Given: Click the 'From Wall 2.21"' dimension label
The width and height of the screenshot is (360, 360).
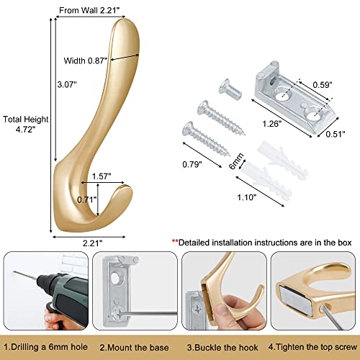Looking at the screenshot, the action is (89, 11).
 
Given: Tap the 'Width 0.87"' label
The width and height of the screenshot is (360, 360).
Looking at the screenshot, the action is (85, 60).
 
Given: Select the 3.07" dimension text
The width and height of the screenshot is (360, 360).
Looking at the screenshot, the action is (67, 84).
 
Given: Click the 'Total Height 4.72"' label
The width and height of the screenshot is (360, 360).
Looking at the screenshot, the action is (26, 125).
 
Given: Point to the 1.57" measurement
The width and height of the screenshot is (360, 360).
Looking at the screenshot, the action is (102, 176).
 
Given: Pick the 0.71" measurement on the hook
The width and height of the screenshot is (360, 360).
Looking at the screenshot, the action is (86, 199).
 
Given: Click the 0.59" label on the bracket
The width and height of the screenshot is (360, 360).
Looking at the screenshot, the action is (323, 85).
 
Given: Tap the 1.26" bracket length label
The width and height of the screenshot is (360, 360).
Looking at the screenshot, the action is (271, 124).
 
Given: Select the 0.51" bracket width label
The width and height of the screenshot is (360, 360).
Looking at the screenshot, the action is (336, 134).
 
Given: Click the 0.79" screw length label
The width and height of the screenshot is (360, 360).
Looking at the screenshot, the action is (192, 164).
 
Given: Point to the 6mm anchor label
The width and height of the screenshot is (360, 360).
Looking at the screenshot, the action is (236, 161).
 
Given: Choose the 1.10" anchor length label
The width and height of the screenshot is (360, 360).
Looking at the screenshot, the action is (247, 197).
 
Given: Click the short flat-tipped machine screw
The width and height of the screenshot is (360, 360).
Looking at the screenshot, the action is (230, 89).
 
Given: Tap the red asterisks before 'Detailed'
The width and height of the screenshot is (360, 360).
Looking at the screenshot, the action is (175, 240).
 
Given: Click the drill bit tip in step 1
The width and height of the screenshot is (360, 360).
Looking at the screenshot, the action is (14, 272).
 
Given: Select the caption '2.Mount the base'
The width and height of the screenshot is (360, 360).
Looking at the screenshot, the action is (134, 348).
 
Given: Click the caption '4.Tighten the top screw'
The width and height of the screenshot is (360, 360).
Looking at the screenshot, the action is (312, 347).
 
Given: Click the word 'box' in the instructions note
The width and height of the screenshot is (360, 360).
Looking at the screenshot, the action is (345, 243).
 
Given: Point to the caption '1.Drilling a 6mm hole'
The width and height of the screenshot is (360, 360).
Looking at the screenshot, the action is (45, 347).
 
